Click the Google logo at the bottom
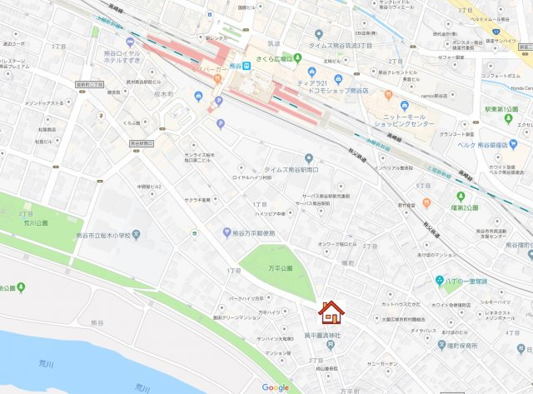click(275, 387)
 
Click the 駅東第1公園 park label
click(497, 109)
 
